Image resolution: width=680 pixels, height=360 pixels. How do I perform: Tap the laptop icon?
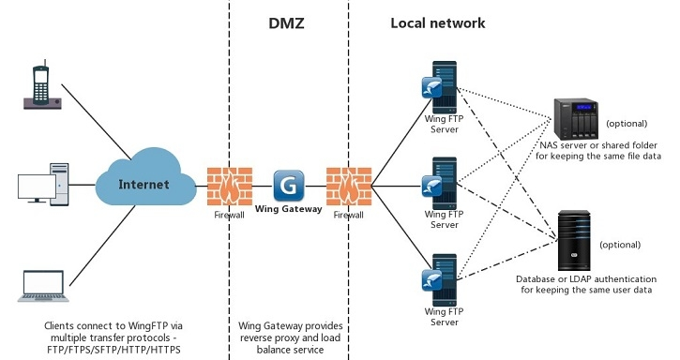pos(42,285)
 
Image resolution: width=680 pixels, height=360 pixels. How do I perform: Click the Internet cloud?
pos(144,184)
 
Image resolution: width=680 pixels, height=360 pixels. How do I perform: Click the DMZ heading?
pos(289,22)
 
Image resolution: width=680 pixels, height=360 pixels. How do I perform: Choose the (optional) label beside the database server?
pos(620,245)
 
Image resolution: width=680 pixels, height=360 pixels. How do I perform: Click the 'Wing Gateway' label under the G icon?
pos(289,209)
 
